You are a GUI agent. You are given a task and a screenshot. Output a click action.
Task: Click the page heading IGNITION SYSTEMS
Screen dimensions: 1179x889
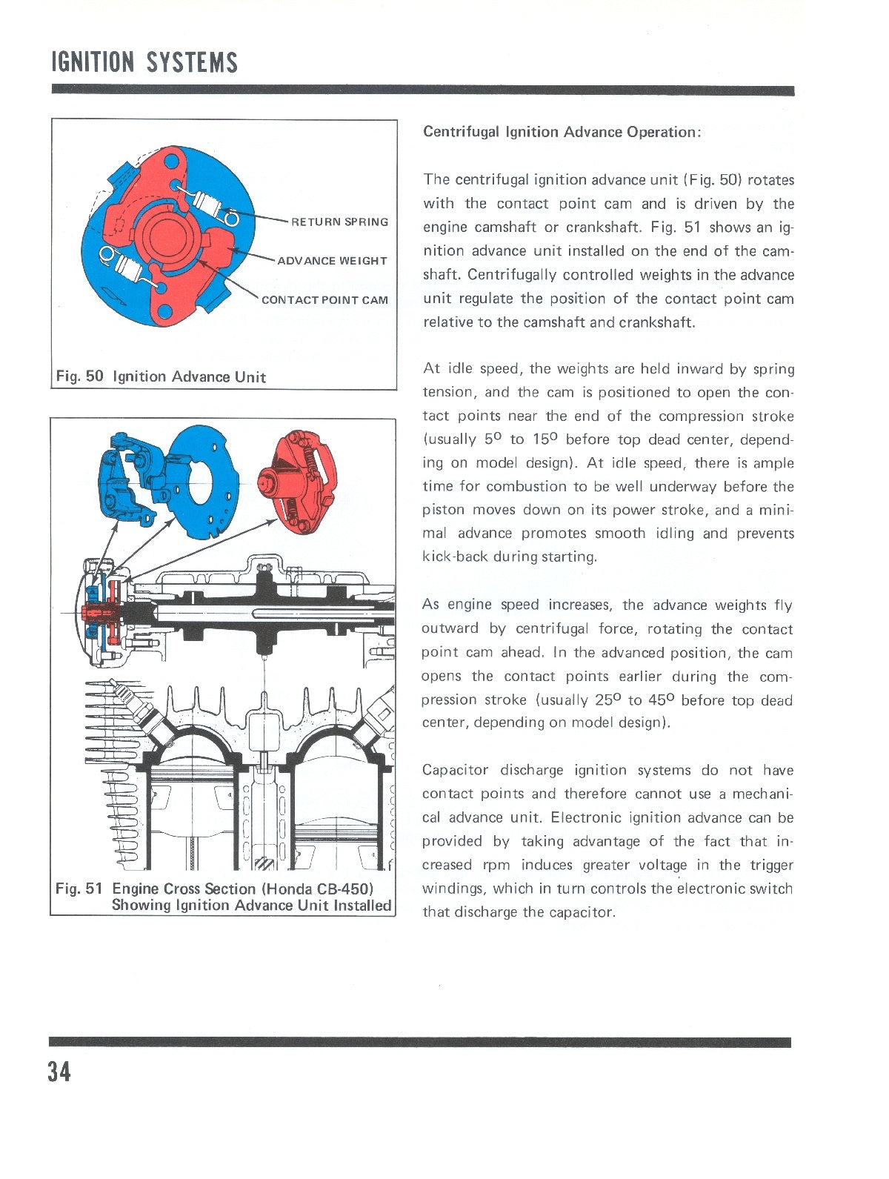click(144, 62)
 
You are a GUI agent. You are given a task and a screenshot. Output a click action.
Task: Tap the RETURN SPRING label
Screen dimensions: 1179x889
click(339, 222)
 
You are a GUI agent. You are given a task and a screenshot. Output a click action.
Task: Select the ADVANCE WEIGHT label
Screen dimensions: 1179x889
click(332, 261)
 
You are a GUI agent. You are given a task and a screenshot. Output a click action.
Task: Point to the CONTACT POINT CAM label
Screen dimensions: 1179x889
click(324, 300)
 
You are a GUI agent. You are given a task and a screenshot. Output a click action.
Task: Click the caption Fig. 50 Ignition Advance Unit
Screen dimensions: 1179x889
click(161, 376)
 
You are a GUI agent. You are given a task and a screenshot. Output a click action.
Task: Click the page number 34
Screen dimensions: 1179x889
click(59, 1072)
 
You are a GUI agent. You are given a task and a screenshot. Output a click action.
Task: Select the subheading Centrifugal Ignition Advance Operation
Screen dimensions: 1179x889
click(561, 132)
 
